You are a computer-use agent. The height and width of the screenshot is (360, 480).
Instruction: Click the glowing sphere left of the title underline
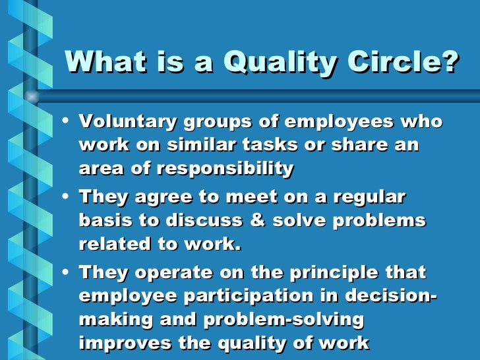tap(31, 96)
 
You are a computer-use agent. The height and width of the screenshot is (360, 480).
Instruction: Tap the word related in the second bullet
tap(114, 245)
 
